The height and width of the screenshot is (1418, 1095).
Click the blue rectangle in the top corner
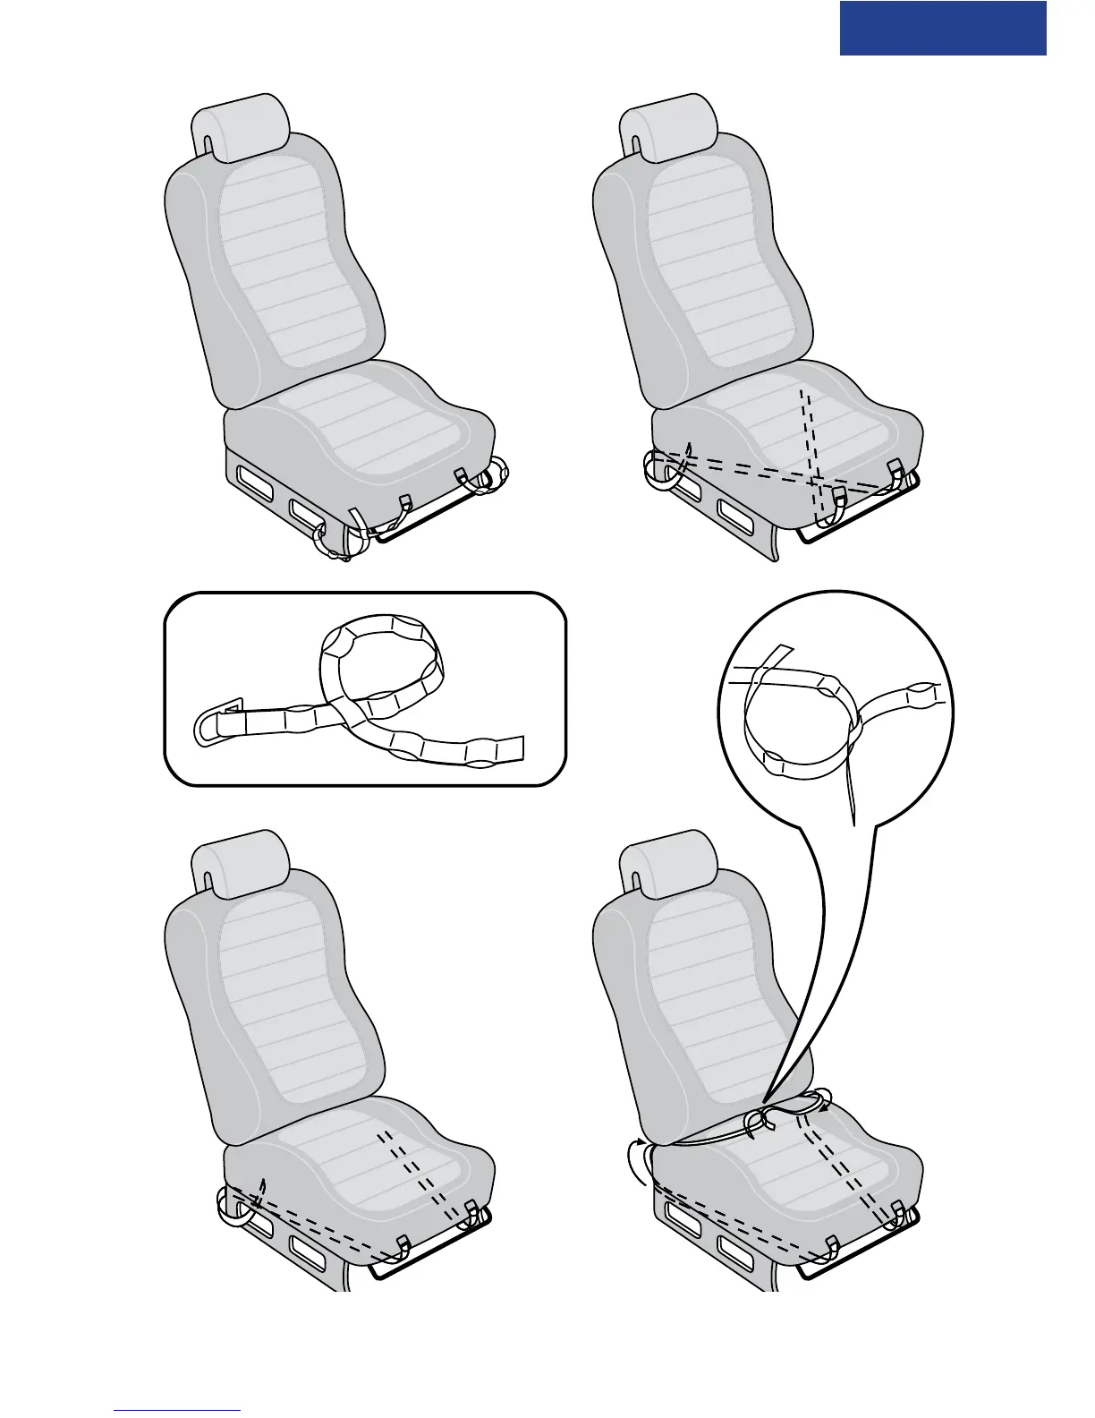pyautogui.click(x=943, y=28)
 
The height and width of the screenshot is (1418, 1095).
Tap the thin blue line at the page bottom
pyautogui.click(x=177, y=1410)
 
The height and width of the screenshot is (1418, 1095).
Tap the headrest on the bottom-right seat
pyautogui.click(x=671, y=865)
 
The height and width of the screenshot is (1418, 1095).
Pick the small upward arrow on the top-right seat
pyautogui.click(x=688, y=448)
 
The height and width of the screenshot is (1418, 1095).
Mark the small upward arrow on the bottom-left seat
pyautogui.click(x=261, y=1187)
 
